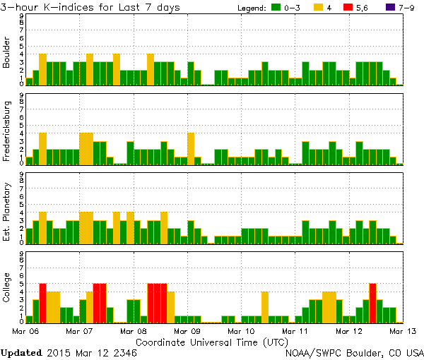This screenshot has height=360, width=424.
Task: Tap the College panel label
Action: click(x=7, y=288)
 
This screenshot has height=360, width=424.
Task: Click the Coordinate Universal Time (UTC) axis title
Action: click(x=212, y=342)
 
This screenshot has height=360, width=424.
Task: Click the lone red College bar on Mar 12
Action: click(x=372, y=303)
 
